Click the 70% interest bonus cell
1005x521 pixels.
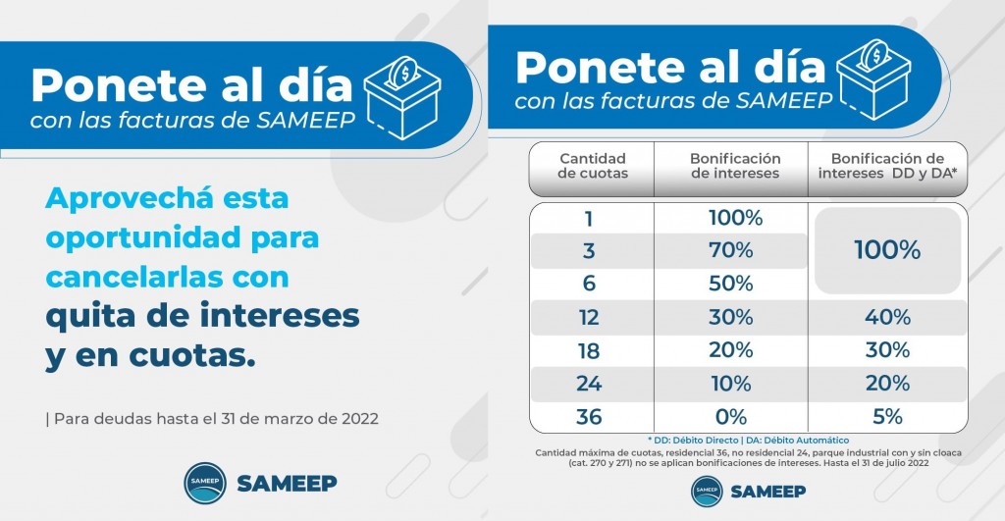click(730, 250)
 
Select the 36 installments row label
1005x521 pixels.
click(589, 417)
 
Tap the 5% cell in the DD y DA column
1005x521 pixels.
click(886, 417)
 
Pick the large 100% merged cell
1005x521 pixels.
click(886, 250)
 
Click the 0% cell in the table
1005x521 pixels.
click(730, 417)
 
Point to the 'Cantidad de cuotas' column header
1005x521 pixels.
click(592, 166)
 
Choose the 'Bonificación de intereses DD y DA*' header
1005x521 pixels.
click(886, 166)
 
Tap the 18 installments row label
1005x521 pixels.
click(589, 350)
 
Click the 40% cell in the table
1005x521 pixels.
click(886, 317)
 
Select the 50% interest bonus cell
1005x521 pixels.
click(730, 284)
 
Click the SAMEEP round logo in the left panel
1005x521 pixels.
click(206, 484)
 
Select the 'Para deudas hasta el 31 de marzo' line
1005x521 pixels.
click(211, 418)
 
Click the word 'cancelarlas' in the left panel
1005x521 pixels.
click(133, 277)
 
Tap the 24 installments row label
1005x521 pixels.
click(589, 384)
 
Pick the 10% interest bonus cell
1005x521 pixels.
click(730, 384)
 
